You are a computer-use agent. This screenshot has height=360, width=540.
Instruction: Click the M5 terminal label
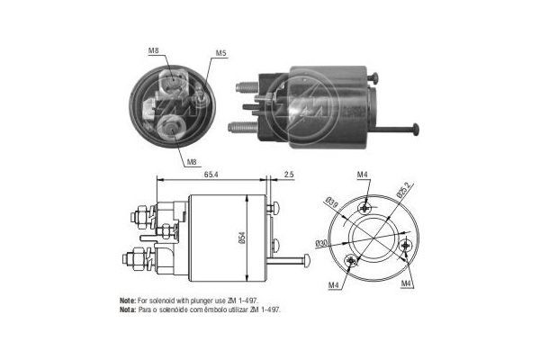pyautogui.click(x=220, y=54)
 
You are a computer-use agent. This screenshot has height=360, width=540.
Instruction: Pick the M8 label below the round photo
pyautogui.click(x=191, y=162)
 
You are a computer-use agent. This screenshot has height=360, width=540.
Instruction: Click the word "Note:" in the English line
pyautogui.click(x=128, y=299)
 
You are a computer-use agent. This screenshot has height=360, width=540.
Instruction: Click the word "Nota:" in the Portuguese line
pyautogui.click(x=128, y=308)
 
